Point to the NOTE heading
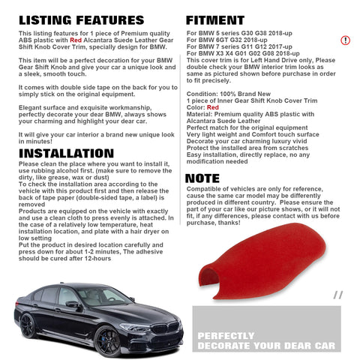202,178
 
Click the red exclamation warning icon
345,40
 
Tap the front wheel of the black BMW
108,341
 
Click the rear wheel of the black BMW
27,326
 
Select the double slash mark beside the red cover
338,295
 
